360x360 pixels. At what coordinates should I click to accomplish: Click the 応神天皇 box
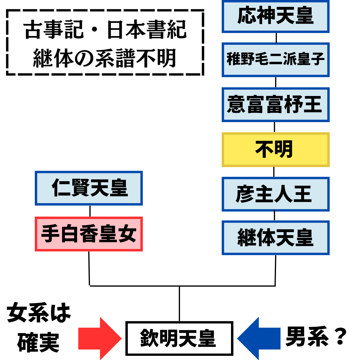275,16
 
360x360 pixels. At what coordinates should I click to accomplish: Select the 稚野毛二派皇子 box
275,59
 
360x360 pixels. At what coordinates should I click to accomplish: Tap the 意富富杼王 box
275,104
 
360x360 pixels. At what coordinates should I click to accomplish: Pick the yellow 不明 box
275,149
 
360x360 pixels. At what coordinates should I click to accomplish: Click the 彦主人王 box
275,194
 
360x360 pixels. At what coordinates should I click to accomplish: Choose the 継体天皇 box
275,238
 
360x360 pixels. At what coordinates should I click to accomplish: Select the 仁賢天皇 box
89,188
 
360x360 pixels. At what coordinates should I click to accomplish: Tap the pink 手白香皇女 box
89,234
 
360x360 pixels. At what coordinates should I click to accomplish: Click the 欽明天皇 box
179,338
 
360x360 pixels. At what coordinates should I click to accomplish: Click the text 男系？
316,337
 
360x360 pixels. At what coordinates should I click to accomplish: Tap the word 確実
38,342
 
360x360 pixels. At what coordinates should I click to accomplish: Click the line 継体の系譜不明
105,58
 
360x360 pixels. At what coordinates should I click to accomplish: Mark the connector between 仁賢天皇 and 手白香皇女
90,211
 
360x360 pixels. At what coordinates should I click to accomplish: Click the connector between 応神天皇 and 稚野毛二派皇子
276,38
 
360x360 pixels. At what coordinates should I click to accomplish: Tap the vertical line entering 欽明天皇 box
179,304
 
